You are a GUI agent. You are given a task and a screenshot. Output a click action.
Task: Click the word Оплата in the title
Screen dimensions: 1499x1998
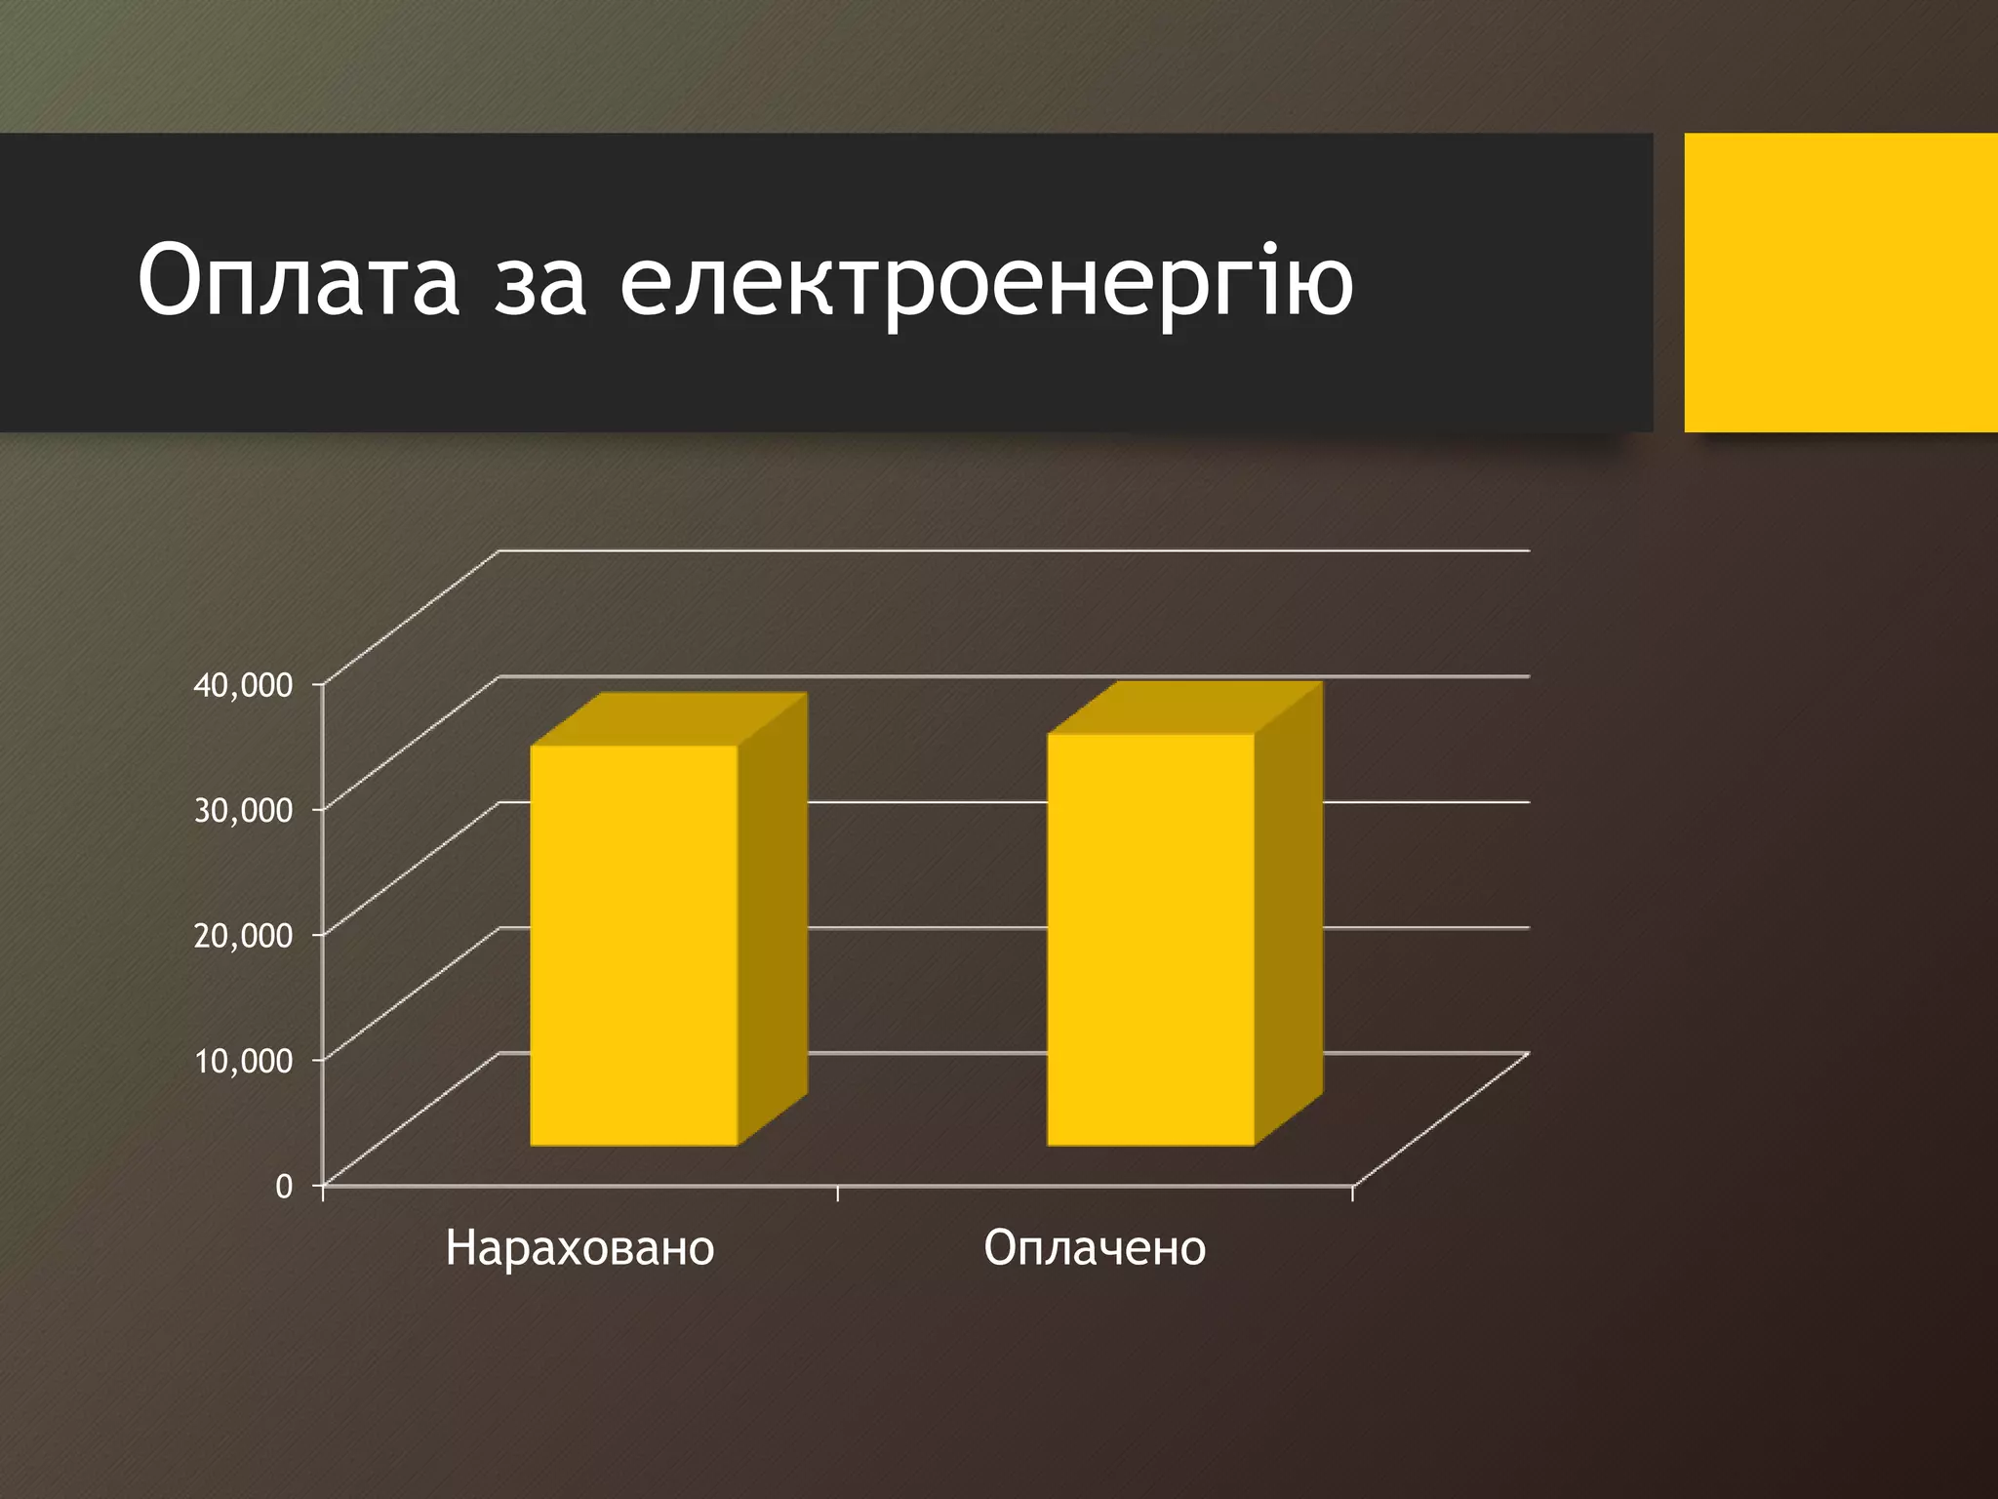298,280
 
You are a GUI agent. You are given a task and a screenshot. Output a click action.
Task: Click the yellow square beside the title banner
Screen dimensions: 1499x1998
1840,282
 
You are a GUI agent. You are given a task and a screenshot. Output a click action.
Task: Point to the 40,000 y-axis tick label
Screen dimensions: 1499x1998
243,685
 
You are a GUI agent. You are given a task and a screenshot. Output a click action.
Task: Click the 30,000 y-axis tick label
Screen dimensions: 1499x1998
243,810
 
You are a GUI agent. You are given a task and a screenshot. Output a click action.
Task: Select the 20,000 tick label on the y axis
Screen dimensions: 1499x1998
243,935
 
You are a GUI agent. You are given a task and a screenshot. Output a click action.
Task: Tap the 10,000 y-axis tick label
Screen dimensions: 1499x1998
243,1060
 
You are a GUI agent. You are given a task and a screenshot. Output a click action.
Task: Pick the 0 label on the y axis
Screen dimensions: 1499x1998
284,1186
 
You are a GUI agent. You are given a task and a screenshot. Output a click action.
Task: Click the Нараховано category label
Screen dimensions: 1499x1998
579,1248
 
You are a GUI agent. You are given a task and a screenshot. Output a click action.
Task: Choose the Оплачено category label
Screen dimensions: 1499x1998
1095,1248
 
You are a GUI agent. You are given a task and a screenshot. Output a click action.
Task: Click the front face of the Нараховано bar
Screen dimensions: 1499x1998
633,945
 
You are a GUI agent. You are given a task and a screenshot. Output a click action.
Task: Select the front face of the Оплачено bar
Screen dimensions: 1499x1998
1150,939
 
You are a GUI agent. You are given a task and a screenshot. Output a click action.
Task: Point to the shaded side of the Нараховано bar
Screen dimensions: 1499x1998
773,917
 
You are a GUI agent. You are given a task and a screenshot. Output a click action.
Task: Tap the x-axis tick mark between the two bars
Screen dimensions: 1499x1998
838,1193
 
